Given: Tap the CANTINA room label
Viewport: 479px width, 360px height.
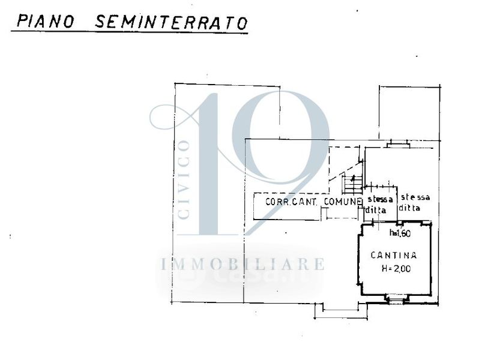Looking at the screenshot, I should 394,255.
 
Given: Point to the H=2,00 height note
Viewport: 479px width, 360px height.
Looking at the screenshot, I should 396,269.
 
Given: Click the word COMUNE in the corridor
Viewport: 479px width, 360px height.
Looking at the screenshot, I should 343,202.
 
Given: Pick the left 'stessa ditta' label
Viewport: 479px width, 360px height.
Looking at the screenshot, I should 379,203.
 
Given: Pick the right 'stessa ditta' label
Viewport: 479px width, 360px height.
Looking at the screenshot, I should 416,201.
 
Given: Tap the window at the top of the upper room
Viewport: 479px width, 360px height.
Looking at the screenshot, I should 398,144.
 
